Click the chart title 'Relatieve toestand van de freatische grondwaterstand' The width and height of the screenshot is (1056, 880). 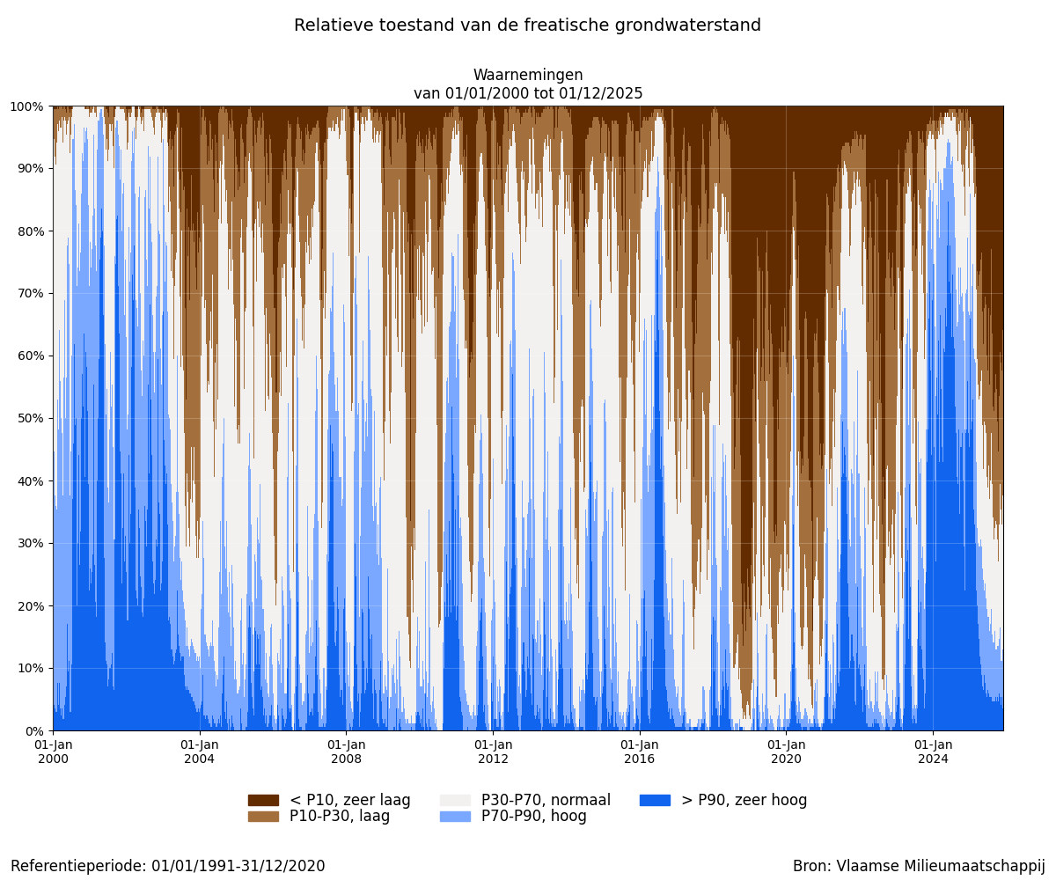(x=527, y=26)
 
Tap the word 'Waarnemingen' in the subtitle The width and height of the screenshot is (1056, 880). (x=528, y=76)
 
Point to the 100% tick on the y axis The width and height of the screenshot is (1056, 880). (x=26, y=106)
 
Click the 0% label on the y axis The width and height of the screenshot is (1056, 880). (x=33, y=730)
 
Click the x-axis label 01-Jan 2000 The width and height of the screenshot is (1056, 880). (x=53, y=752)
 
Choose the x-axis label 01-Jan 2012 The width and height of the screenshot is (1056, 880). (x=493, y=752)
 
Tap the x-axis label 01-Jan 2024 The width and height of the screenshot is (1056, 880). (x=933, y=752)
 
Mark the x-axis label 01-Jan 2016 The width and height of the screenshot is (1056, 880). (x=640, y=752)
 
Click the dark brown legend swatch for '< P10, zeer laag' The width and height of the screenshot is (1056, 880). (x=263, y=800)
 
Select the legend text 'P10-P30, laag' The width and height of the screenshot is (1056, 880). (x=339, y=817)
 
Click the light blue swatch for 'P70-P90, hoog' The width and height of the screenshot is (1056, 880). (x=455, y=817)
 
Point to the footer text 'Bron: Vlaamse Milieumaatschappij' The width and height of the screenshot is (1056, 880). (x=919, y=866)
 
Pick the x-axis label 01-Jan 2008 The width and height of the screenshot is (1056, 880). (x=346, y=752)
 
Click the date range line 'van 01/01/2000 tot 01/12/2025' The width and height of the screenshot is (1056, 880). (x=528, y=93)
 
